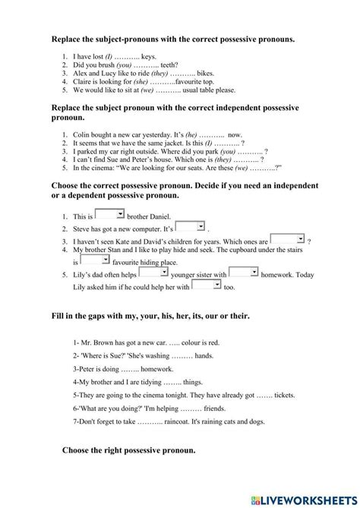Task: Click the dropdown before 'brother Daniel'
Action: [x=109, y=214]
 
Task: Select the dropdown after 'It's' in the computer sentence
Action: [x=191, y=226]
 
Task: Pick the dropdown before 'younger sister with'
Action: [x=153, y=272]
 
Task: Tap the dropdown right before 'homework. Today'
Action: [x=243, y=272]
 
